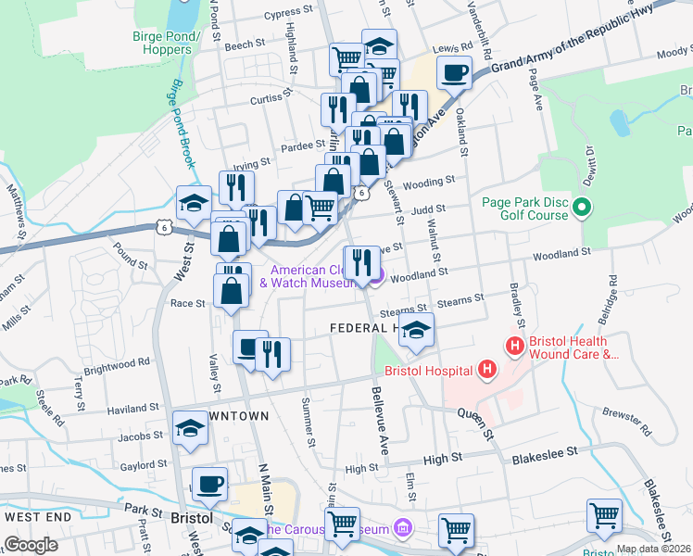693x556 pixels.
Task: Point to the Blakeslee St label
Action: click(544, 451)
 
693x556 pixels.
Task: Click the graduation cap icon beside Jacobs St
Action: click(190, 428)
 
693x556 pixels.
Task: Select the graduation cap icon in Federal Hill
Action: click(417, 331)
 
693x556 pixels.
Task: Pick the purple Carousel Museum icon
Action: click(401, 528)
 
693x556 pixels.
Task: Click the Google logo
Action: click(31, 545)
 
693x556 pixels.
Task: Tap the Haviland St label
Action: click(133, 408)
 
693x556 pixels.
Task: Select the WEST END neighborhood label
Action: click(37, 515)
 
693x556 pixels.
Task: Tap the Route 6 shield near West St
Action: click(164, 224)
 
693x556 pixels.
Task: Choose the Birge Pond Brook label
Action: click(182, 122)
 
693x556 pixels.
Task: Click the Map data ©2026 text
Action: click(653, 549)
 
